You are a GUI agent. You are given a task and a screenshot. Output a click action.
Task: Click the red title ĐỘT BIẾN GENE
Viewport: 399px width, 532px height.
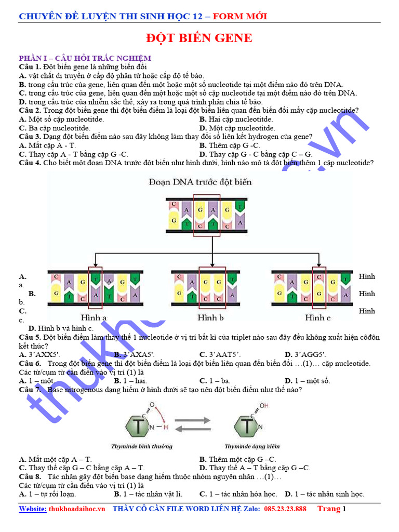click(199, 38)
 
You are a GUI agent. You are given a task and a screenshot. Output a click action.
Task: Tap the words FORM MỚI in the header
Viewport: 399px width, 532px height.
click(243, 16)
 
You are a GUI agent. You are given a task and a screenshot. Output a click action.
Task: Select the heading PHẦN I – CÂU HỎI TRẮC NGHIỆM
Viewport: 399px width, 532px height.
click(85, 58)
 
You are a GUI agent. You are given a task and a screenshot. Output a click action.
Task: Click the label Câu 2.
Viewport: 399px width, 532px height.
click(30, 111)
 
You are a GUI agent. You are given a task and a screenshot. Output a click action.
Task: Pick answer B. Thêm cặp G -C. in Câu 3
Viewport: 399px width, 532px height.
click(230, 145)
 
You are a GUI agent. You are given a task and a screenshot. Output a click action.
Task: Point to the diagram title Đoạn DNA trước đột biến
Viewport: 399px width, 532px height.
click(199, 182)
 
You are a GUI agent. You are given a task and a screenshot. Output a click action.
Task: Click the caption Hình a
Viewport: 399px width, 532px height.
click(94, 317)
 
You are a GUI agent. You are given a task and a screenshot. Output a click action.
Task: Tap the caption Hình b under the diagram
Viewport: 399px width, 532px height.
click(210, 317)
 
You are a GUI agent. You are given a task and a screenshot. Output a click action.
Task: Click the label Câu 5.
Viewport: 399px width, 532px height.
click(30, 337)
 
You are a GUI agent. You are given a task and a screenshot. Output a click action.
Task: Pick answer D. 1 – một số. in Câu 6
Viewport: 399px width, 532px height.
click(308, 381)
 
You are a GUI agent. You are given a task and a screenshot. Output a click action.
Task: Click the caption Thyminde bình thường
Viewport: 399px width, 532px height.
click(141, 446)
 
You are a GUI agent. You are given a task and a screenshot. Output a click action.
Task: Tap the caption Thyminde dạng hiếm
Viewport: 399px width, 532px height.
click(252, 446)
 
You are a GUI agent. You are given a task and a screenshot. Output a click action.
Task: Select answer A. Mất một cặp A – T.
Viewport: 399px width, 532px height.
click(55, 459)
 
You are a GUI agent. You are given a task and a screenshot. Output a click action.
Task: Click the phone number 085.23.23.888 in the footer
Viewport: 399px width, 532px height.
click(285, 509)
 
